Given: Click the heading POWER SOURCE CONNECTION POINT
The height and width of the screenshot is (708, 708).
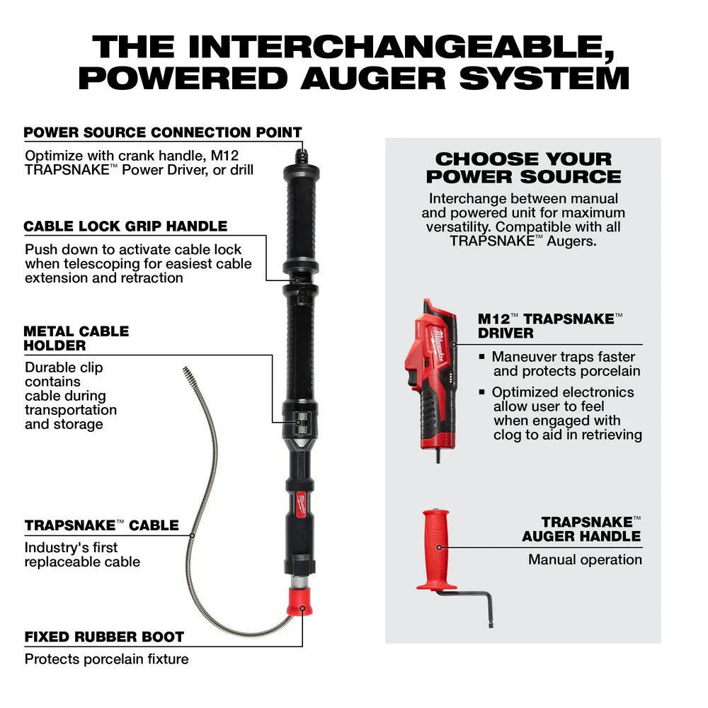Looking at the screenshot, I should tap(163, 132).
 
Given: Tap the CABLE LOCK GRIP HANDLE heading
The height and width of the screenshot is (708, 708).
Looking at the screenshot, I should tap(125, 227).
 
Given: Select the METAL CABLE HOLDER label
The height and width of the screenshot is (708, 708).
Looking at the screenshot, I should tap(76, 338).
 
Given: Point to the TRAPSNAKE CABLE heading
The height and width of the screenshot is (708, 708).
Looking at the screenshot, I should tap(101, 526).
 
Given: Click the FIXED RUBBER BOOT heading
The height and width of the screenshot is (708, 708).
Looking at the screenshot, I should tap(104, 637).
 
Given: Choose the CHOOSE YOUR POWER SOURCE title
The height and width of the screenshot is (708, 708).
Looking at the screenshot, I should tap(523, 168).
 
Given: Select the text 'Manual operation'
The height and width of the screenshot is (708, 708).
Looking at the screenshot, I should tap(585, 559).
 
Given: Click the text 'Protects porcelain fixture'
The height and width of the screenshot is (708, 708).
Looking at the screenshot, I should tap(106, 659).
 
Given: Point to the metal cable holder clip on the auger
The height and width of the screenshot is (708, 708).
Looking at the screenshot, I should tap(300, 421).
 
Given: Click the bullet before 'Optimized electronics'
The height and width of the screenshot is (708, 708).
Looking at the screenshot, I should tap(481, 392).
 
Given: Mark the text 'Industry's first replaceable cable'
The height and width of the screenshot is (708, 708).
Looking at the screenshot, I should tap(82, 554).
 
